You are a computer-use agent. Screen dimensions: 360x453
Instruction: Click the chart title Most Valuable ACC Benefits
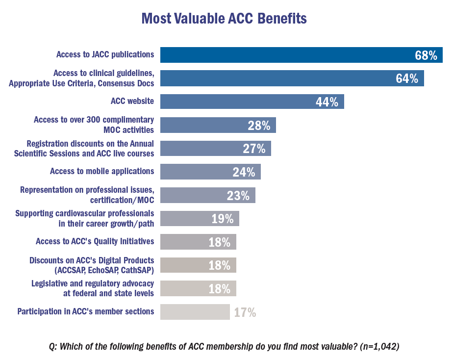click(224, 19)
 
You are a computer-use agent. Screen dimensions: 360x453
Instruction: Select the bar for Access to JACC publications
click(284, 55)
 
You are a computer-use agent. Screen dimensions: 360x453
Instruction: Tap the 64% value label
click(406, 78)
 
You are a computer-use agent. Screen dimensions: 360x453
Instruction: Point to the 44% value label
click(327, 102)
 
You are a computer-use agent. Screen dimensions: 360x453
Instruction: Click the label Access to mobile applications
click(102, 171)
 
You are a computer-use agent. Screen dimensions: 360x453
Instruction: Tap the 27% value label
click(254, 149)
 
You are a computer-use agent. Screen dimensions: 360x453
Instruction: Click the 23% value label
click(238, 196)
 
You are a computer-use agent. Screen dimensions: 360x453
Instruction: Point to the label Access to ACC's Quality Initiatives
click(95, 241)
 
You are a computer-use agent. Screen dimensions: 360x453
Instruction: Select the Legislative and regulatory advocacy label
click(93, 288)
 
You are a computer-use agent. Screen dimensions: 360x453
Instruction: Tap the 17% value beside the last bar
click(245, 312)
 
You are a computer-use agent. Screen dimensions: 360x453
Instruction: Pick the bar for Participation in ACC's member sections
click(195, 312)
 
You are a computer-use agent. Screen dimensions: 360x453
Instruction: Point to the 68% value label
click(426, 55)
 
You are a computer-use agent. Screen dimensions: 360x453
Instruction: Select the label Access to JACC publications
click(105, 54)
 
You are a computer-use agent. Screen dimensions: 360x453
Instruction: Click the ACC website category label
click(132, 102)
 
